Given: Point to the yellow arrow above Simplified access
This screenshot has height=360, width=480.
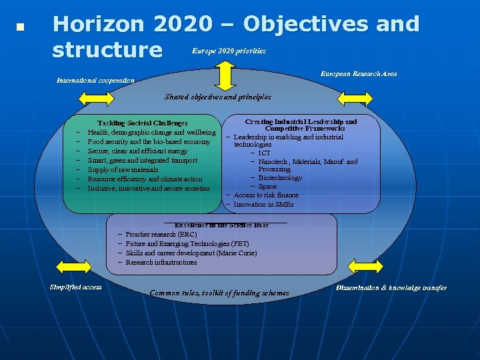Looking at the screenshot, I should [x=74, y=267].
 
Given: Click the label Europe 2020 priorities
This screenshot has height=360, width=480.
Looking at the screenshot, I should [x=229, y=51].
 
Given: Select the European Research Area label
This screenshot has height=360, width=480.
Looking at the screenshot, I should [x=359, y=73].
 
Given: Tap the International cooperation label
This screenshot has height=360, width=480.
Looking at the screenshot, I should [x=95, y=81].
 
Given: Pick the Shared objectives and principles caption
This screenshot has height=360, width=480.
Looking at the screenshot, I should [x=218, y=97].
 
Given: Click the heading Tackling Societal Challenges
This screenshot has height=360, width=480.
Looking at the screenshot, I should [x=143, y=123].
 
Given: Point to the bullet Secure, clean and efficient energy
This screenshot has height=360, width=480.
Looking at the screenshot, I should [x=137, y=151].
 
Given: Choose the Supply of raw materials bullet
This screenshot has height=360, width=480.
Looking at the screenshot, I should [x=123, y=170].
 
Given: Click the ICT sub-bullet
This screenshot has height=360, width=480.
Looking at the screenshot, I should [x=265, y=153].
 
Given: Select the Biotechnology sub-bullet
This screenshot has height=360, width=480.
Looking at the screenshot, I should [x=280, y=178].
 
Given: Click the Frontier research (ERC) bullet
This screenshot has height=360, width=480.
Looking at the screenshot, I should [x=161, y=235].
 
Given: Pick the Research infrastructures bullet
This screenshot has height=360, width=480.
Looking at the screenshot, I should [x=161, y=263].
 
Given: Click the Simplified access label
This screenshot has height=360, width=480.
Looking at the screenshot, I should [x=75, y=287].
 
